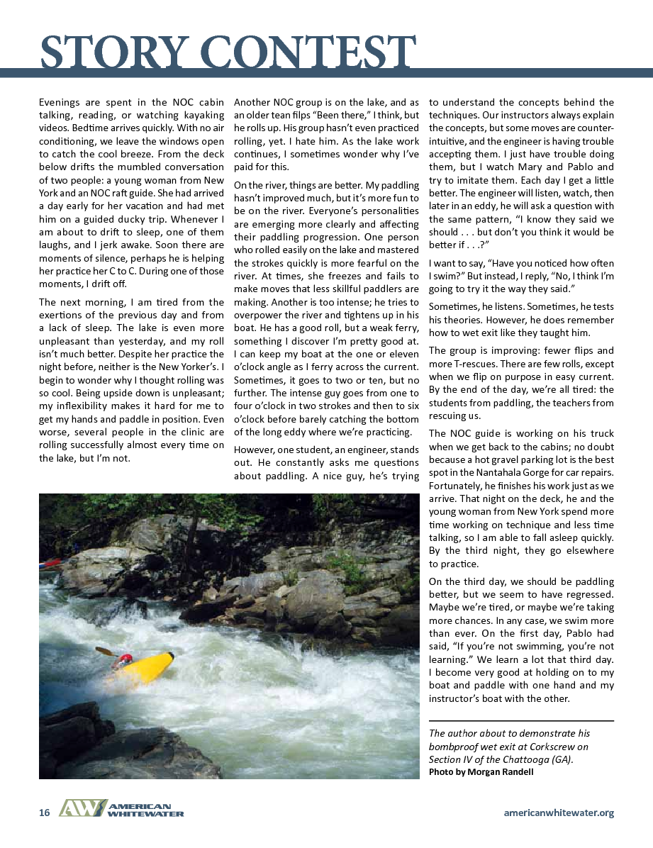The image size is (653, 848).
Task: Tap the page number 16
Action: click(x=44, y=813)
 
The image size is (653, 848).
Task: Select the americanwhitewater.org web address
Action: click(x=559, y=813)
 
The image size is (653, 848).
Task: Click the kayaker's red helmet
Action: click(x=125, y=659)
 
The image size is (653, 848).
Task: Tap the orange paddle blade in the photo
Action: click(x=104, y=650)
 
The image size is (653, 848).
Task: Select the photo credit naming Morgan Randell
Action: click(x=481, y=772)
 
